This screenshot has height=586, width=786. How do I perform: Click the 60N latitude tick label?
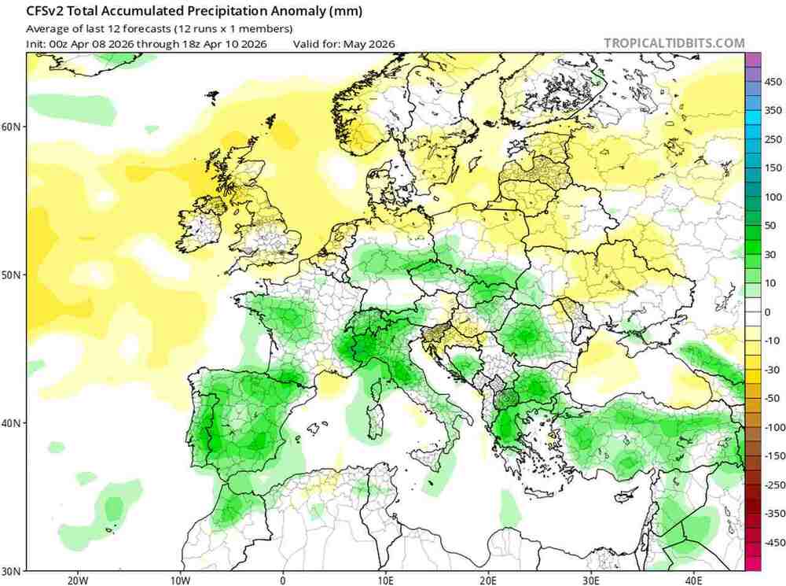pos(13,127)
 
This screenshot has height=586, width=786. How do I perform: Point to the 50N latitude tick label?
pos(13,275)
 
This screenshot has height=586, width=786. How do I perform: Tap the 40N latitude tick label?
pos(13,423)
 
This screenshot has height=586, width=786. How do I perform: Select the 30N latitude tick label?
pos(13,570)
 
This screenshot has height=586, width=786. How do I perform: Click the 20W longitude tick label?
pos(78,580)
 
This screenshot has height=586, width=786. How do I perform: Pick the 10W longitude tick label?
pos(180,580)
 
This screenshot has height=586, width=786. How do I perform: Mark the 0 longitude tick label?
pos(283,580)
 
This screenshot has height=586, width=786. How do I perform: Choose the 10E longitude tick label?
pos(385,580)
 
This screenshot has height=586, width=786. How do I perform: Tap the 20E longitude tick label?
pos(488,580)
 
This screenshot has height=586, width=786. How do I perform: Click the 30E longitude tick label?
pos(590,580)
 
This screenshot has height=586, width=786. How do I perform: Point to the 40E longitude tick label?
pos(693,580)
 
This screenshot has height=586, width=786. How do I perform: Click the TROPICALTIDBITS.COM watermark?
pos(674,43)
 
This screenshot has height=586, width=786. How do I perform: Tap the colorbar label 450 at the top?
pos(773,82)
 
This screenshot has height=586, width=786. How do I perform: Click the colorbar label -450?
pos(773,542)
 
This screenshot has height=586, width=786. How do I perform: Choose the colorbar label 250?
pos(773,139)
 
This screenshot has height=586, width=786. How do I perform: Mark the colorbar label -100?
pos(773,427)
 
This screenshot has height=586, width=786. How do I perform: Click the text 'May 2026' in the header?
pos(369,44)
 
